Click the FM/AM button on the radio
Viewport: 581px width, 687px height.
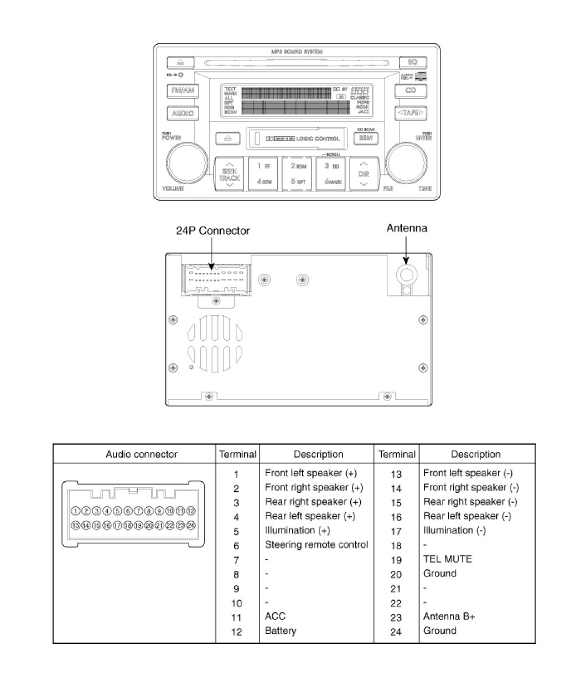(x=183, y=91)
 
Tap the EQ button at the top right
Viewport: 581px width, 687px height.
(x=412, y=62)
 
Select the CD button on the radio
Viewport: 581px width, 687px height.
(x=410, y=90)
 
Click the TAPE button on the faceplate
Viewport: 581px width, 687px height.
(x=410, y=113)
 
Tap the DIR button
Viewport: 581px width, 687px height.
(x=364, y=173)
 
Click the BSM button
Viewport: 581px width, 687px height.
(x=365, y=138)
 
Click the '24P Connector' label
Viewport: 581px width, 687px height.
(x=213, y=231)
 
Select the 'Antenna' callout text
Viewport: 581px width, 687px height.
(x=407, y=228)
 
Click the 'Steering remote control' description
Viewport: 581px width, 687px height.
(x=316, y=545)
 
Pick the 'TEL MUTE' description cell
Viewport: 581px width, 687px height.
(x=448, y=559)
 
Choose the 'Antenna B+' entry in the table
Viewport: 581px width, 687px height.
(x=449, y=616)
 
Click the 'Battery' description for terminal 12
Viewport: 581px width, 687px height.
(x=281, y=631)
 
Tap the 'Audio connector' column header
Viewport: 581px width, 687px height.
(x=142, y=455)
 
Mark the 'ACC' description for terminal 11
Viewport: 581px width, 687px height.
(x=275, y=616)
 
